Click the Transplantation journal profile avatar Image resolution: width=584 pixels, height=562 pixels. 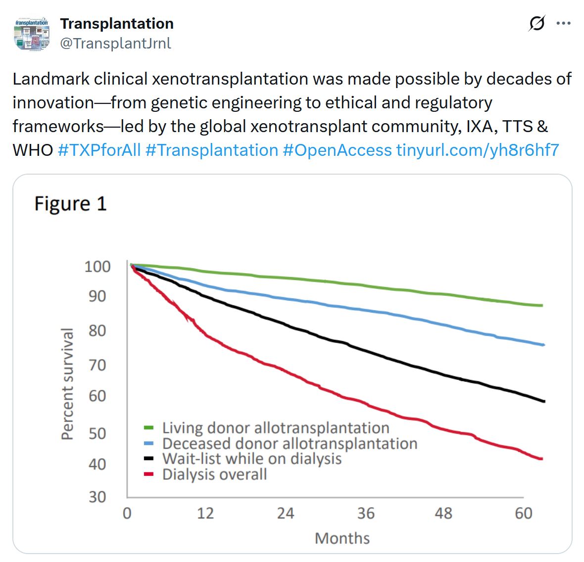click(x=32, y=34)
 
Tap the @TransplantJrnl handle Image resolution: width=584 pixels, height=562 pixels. click(x=115, y=44)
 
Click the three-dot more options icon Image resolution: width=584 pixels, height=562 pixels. click(x=564, y=23)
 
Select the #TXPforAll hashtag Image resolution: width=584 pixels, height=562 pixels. click(x=99, y=150)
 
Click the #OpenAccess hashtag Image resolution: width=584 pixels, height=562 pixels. click(x=337, y=150)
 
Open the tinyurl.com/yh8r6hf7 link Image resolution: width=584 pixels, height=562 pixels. click(x=478, y=150)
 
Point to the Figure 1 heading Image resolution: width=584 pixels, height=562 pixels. click(x=70, y=204)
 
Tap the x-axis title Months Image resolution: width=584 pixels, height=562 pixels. click(x=342, y=538)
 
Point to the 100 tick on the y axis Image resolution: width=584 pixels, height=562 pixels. click(x=97, y=267)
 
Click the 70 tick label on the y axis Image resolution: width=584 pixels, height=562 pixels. click(x=97, y=365)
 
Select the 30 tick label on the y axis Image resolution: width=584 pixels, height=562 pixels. click(x=97, y=497)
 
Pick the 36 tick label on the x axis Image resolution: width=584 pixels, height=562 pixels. click(x=365, y=514)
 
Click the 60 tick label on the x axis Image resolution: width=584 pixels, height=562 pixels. click(x=523, y=514)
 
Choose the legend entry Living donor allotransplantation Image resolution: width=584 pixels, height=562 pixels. click(x=275, y=428)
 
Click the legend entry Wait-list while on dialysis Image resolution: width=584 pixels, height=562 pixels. click(x=251, y=459)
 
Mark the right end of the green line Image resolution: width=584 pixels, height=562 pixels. click(x=542, y=305)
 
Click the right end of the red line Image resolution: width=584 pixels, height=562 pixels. click(x=542, y=459)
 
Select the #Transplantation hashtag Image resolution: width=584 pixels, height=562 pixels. click(x=212, y=150)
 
